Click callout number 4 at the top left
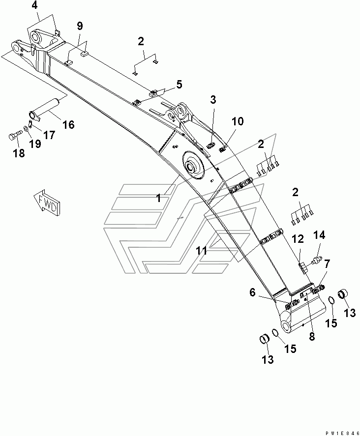(34, 6)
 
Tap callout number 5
(165, 84)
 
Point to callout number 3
(213, 100)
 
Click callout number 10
(237, 121)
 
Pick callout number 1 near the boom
(159, 199)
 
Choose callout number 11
(201, 250)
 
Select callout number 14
(319, 235)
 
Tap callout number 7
(327, 263)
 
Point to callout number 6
(252, 292)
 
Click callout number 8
(312, 337)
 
